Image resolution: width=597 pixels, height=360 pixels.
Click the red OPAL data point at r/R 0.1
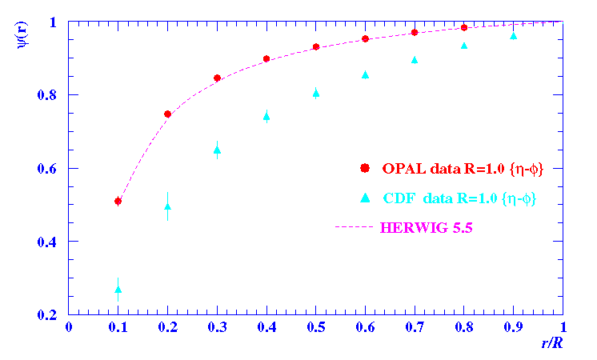coord(118,202)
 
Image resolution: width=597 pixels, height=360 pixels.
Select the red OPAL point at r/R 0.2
coord(167,114)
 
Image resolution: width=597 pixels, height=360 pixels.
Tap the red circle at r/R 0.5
coord(316,47)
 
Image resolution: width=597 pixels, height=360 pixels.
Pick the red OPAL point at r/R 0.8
coord(464,28)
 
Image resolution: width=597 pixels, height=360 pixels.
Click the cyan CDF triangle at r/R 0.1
coord(118,290)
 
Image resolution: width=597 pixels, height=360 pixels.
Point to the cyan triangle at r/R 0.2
coord(167,206)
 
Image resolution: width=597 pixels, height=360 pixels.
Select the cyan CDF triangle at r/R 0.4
coord(266,116)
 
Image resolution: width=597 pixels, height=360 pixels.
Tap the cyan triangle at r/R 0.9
coord(514,36)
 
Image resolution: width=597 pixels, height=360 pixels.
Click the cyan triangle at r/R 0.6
coord(366,74)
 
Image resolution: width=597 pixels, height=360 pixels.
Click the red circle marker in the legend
coord(365,168)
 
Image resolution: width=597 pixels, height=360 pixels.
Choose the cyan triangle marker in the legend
coord(365,198)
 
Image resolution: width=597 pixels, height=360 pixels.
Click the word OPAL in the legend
coord(403,168)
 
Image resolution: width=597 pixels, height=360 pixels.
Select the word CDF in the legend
coord(399,198)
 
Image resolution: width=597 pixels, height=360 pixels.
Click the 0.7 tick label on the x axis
coord(415,327)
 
